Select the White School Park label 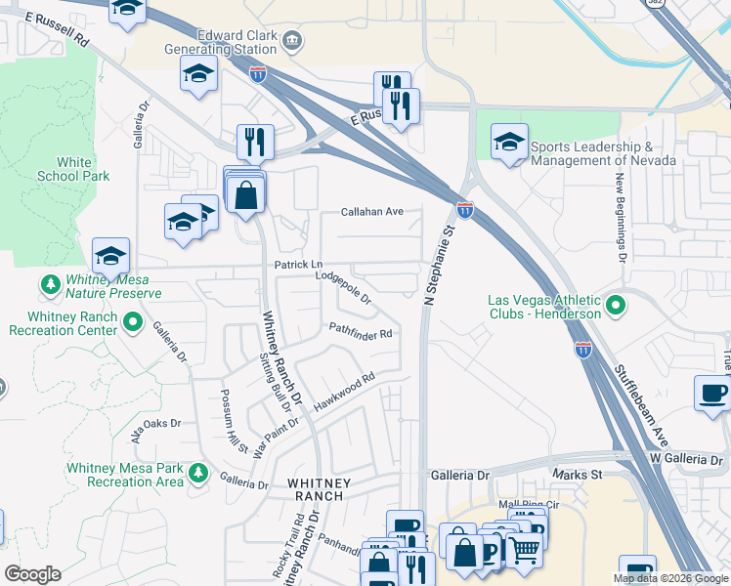pos(73,169)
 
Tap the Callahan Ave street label pos(371,211)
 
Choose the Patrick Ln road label pos(298,265)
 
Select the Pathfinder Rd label pos(361,333)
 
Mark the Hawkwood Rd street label pos(344,392)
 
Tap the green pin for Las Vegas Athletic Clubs pos(615,307)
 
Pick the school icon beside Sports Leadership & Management pos(508,143)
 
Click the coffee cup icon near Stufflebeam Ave pos(711,393)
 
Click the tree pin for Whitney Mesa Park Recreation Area pos(198,474)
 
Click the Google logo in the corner pos(32,574)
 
